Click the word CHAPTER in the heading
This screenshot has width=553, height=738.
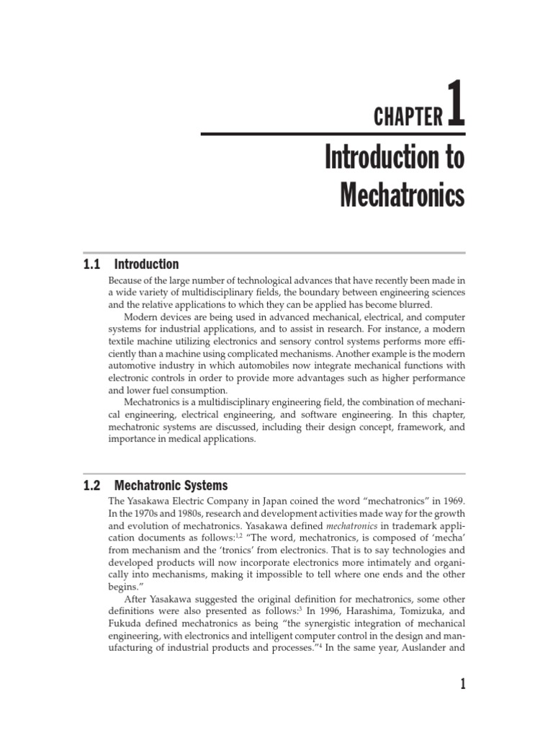click(x=408, y=117)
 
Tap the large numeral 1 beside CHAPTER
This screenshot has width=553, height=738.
click(x=457, y=105)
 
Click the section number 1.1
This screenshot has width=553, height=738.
click(x=93, y=264)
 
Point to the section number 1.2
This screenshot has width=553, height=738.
click(x=93, y=486)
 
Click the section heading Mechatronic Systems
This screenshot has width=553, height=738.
click(x=171, y=486)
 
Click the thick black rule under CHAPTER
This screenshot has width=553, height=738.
click(x=333, y=134)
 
